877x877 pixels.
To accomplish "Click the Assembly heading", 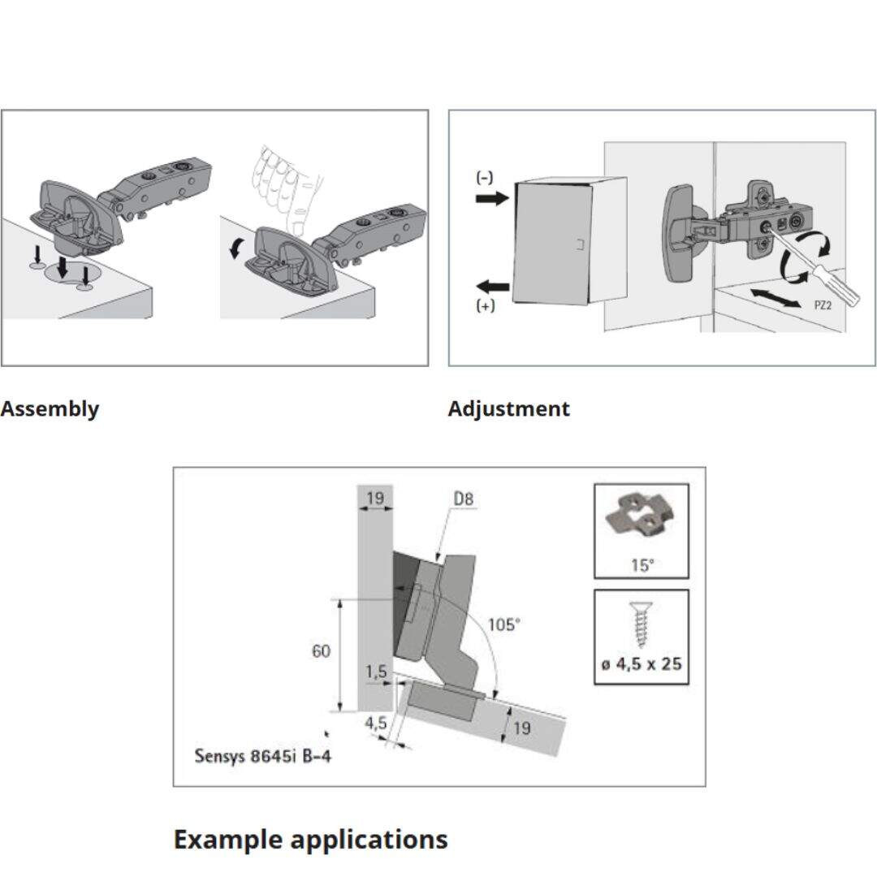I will click(x=50, y=408).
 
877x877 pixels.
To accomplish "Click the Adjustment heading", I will click(x=508, y=408).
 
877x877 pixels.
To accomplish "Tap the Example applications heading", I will click(x=310, y=838).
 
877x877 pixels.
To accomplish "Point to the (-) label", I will click(x=485, y=177).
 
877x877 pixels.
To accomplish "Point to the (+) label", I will click(x=485, y=306).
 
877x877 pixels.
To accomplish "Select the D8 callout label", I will click(x=463, y=499).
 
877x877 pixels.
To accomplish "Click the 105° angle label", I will click(x=503, y=624).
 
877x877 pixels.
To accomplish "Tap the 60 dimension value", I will click(x=321, y=651).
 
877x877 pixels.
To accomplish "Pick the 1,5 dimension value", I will click(x=375, y=672).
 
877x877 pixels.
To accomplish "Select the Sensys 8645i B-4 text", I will click(x=262, y=756).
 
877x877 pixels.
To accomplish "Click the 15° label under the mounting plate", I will click(x=642, y=565).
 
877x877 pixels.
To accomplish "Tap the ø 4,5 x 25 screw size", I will click(x=642, y=664).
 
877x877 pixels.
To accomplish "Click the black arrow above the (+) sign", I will click(x=492, y=286).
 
